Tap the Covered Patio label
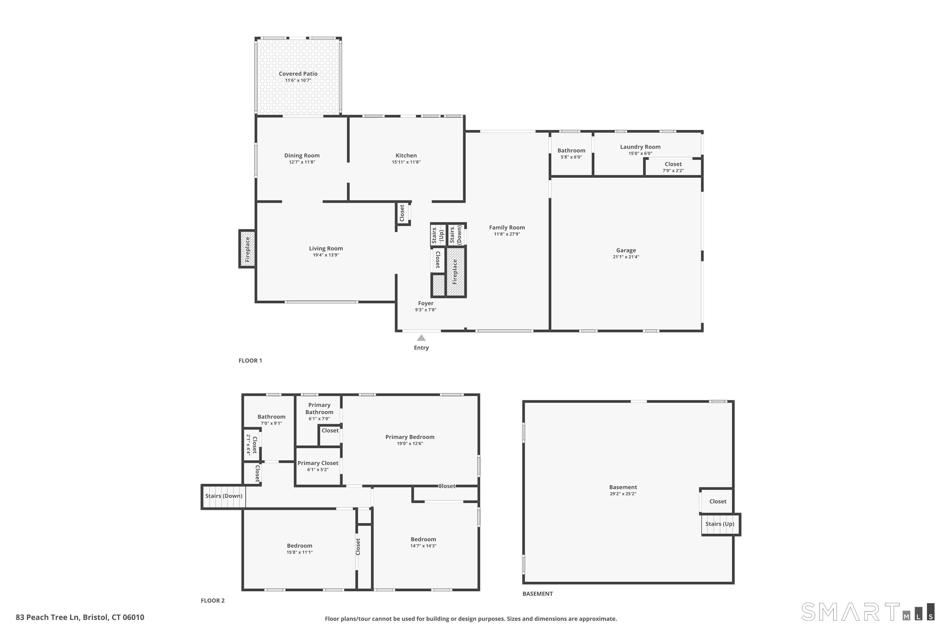(x=298, y=74)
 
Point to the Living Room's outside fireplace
(x=247, y=249)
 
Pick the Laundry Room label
(x=640, y=147)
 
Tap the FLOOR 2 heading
(x=213, y=600)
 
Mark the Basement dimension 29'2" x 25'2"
(x=623, y=494)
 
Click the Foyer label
(x=425, y=303)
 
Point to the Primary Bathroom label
(x=319, y=409)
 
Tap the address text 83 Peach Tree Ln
(x=48, y=617)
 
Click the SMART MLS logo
(x=868, y=612)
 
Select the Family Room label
(x=507, y=227)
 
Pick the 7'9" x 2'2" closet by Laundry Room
(x=673, y=167)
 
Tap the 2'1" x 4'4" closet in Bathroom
(x=252, y=445)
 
